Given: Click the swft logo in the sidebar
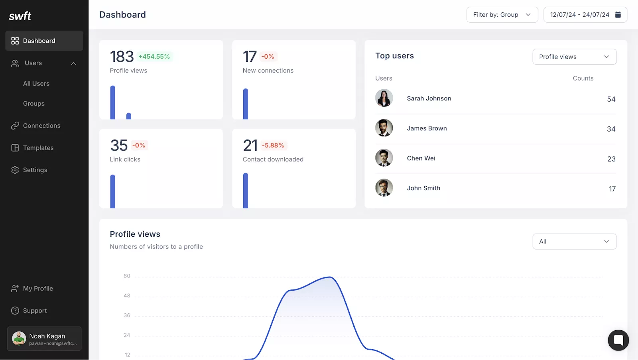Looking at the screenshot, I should tap(20, 16).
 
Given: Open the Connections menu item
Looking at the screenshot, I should tap(41, 126).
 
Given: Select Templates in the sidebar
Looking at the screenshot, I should tap(38, 148).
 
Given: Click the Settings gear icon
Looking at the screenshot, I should tap(15, 170).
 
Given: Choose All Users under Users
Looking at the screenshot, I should tap(36, 84).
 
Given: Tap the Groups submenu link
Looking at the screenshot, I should tap(34, 104).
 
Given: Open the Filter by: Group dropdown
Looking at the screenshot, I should tap(502, 15).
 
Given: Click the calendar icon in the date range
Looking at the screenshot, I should tap(618, 15).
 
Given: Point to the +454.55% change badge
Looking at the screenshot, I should tap(154, 57).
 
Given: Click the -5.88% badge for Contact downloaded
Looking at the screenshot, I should tap(273, 146).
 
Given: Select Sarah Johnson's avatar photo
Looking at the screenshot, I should tap(384, 98).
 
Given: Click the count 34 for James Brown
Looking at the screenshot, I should tap(611, 129).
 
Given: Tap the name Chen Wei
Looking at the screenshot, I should tap(421, 158).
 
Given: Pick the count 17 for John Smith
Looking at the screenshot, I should tap(612, 189).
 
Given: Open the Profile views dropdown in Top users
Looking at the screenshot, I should tap(574, 57).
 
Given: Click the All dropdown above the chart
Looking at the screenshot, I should tap(574, 242).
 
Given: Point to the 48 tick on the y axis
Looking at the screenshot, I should tap(127, 296).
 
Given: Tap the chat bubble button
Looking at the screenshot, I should tap(618, 340).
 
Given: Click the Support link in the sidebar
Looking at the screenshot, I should tap(35, 311).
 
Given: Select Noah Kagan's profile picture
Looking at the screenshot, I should tap(19, 338).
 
